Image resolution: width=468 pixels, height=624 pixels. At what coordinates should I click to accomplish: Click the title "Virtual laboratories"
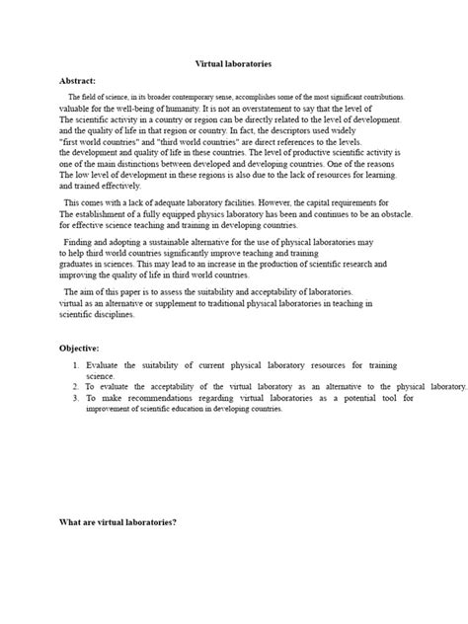point(234,63)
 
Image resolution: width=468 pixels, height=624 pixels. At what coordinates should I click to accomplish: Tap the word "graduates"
point(81,265)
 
